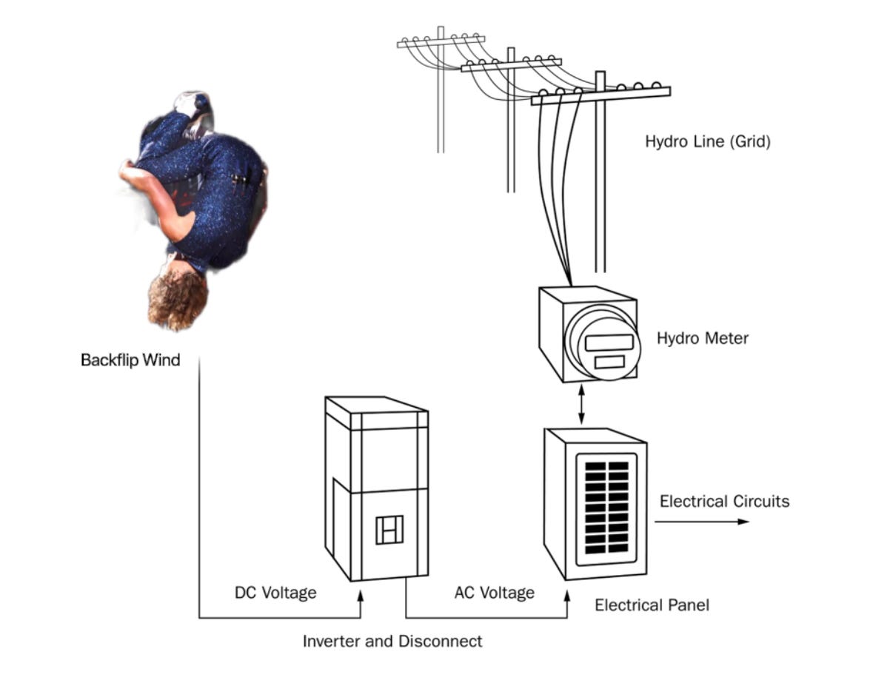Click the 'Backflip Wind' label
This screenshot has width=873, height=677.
coord(130,362)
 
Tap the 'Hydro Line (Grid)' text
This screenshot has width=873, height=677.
coord(707,141)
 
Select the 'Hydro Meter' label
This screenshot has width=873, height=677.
coord(702,339)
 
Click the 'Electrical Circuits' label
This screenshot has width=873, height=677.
coord(724,502)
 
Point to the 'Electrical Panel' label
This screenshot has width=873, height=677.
coord(652,605)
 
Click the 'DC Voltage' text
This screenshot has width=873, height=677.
coord(275,593)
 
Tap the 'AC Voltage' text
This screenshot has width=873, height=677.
coord(494,593)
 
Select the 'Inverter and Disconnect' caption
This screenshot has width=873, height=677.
coord(392,641)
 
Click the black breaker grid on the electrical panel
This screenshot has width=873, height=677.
coord(606,509)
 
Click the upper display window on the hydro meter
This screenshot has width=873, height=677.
coord(609,342)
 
